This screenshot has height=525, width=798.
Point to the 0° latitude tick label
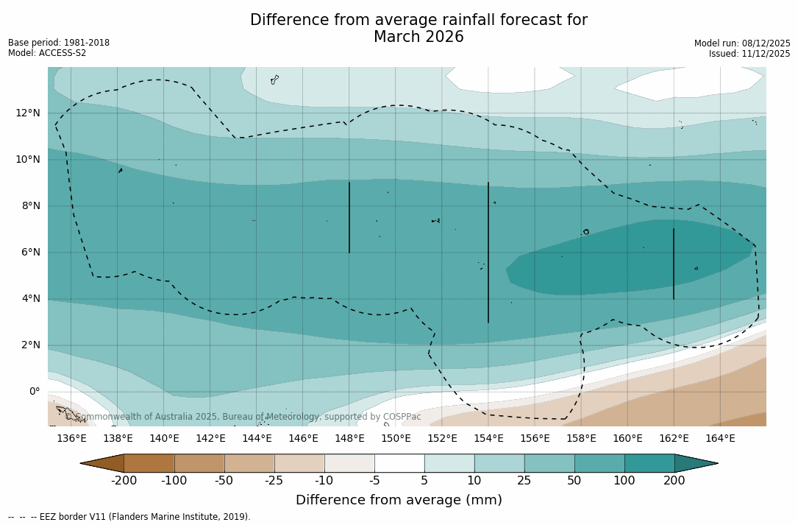(35, 391)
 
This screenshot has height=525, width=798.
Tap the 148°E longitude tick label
(349, 439)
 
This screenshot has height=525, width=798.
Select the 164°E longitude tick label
(720, 439)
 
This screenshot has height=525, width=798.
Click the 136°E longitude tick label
(71, 439)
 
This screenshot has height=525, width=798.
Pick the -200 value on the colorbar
(124, 481)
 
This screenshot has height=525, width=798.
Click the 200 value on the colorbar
(674, 481)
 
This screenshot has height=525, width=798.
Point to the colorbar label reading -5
(374, 481)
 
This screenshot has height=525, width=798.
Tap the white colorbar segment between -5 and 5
(399, 463)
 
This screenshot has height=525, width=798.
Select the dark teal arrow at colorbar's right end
(694, 463)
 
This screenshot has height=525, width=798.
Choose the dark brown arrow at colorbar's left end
(104, 463)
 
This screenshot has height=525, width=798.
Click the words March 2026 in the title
(418, 38)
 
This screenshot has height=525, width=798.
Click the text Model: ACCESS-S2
(47, 53)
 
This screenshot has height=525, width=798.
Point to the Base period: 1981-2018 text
(59, 43)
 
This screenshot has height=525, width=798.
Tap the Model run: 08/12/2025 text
(742, 43)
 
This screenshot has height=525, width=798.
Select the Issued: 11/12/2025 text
(749, 54)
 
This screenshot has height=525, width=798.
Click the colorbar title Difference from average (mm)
(399, 501)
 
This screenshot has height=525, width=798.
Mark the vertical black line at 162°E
(674, 264)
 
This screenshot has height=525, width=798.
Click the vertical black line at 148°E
(349, 217)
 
